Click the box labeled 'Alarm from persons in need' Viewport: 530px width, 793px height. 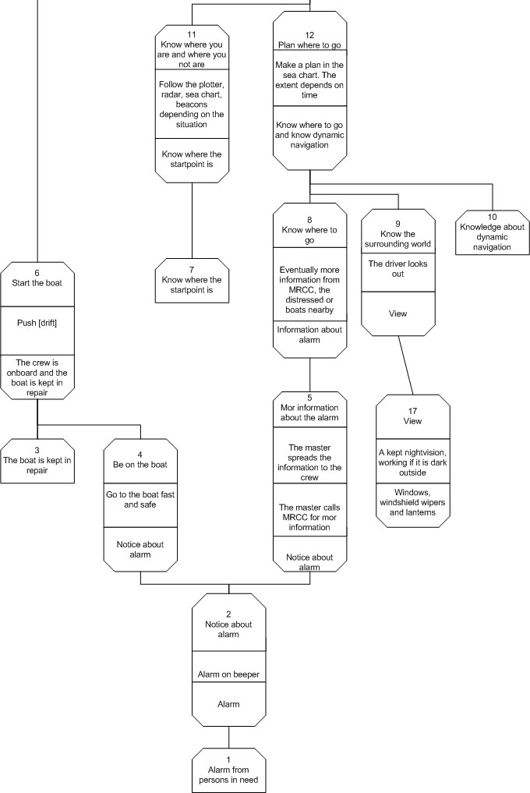pyautogui.click(x=228, y=770)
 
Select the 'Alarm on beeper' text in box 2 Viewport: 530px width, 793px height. pyautogui.click(x=228, y=674)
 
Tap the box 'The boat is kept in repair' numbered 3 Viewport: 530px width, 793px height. pyautogui.click(x=37, y=461)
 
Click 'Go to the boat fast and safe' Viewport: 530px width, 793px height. pyautogui.click(x=140, y=500)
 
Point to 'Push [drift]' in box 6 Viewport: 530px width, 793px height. pyautogui.click(x=37, y=323)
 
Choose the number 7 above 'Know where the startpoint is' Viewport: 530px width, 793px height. pyautogui.click(x=192, y=270)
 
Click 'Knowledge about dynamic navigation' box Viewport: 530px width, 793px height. pyautogui.click(x=492, y=232)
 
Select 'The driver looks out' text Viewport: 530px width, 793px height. pyautogui.click(x=397, y=268)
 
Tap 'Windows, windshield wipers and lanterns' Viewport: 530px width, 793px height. pyautogui.click(x=412, y=502)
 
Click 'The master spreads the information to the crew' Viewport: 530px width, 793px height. pyautogui.click(x=309, y=462)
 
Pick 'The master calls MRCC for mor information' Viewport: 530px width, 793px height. pyautogui.click(x=309, y=517)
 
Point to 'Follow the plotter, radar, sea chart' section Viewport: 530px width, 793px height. pyautogui.click(x=192, y=104)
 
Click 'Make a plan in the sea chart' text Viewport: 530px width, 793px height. pyautogui.click(x=309, y=80)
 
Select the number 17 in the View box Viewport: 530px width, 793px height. pyautogui.click(x=412, y=411)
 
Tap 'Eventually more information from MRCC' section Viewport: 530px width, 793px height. pyautogui.click(x=309, y=290)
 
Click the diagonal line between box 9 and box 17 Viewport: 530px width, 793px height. pyautogui.click(x=405, y=365)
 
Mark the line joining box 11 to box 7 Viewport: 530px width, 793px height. pyautogui.click(x=192, y=221)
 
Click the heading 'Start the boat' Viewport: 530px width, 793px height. pyautogui.click(x=37, y=283)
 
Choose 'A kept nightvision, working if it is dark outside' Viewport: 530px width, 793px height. pyautogui.click(x=412, y=462)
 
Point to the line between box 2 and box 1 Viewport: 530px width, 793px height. pyautogui.click(x=228, y=738)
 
